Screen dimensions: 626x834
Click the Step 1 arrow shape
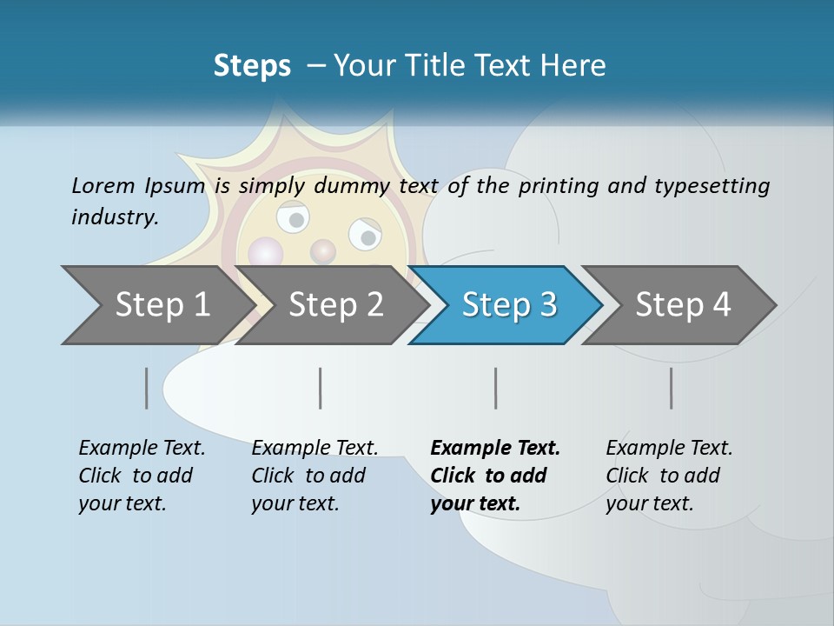coord(162,305)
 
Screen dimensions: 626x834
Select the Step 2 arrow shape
coord(335,305)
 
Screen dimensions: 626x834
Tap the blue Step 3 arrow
coord(509,305)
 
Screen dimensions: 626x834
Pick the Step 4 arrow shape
coord(683,305)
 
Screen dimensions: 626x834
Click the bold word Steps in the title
coord(252,66)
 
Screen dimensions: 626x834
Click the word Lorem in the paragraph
coord(103,185)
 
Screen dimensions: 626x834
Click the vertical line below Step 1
coord(147,388)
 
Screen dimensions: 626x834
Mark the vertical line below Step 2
coord(321,388)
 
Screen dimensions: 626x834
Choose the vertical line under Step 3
coord(496,388)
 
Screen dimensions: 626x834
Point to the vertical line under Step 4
coord(672,388)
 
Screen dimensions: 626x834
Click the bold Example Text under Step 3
coord(495,449)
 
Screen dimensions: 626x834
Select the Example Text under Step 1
coord(142,449)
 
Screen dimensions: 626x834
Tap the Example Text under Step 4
coord(669,449)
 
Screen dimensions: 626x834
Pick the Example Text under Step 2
coord(314,449)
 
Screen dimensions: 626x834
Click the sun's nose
coord(323,252)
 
